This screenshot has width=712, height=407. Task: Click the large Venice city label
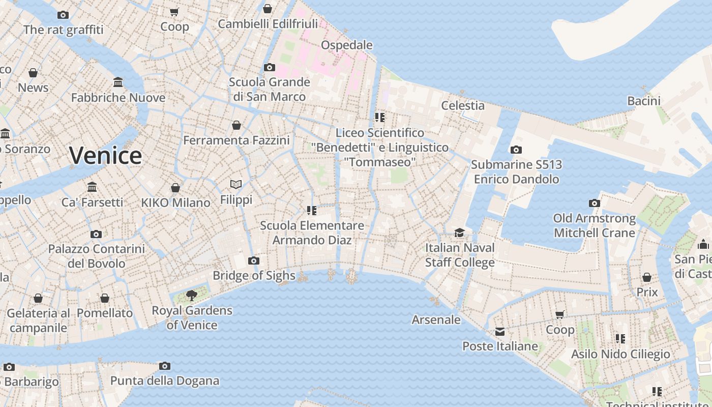pyautogui.click(x=105, y=155)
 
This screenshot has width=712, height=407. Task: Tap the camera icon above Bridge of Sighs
pyautogui.click(x=253, y=261)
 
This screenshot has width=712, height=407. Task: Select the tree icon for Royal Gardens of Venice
pyautogui.click(x=192, y=295)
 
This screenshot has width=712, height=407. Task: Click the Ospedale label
pyautogui.click(x=347, y=45)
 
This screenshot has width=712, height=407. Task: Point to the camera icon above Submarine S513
pyautogui.click(x=516, y=150)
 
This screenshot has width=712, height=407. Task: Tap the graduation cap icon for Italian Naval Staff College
pyautogui.click(x=459, y=232)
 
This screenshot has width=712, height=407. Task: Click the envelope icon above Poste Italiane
pyautogui.click(x=500, y=332)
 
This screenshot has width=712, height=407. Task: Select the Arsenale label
pyautogui.click(x=436, y=320)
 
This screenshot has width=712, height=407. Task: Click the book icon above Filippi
pyautogui.click(x=236, y=184)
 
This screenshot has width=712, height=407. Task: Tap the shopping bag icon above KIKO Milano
pyautogui.click(x=175, y=188)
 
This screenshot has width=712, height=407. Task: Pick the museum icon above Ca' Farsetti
pyautogui.click(x=92, y=187)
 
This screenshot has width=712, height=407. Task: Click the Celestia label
pyautogui.click(x=463, y=106)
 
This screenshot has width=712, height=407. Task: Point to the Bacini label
pyautogui.click(x=643, y=101)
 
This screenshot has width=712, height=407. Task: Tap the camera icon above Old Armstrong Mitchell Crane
pyautogui.click(x=594, y=203)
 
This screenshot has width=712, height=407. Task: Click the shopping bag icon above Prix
pyautogui.click(x=647, y=277)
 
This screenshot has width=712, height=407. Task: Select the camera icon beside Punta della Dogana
pyautogui.click(x=164, y=366)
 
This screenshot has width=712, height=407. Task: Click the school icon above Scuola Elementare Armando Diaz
pyautogui.click(x=312, y=210)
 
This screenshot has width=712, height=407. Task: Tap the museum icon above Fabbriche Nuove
pyautogui.click(x=118, y=82)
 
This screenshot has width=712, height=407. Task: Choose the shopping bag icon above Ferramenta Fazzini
pyautogui.click(x=236, y=125)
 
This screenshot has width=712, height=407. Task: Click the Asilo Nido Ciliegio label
pyautogui.click(x=620, y=354)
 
